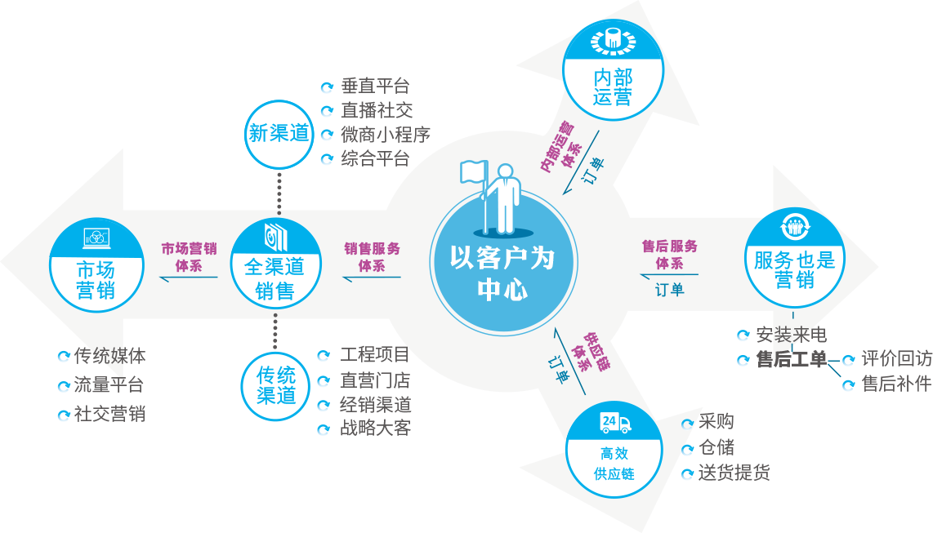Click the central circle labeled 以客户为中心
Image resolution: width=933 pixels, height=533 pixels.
coord(502,273)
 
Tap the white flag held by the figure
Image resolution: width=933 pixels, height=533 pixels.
coord(473,171)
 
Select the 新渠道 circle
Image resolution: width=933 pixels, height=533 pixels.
coord(279,133)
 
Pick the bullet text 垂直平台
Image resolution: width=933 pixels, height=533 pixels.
coord(375,86)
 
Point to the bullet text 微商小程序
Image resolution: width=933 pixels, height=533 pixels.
coord(385,134)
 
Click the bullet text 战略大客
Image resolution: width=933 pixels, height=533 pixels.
coord(375,427)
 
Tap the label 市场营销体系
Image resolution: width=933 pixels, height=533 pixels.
coord(189,256)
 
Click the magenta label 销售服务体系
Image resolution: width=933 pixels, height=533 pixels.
coord(372,256)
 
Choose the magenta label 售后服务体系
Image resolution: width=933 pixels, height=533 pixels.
coord(669,254)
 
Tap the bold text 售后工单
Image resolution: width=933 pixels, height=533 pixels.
coord(791,359)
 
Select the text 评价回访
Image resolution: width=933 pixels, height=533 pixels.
coord(896,359)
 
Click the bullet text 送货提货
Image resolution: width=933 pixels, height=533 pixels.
coord(734,473)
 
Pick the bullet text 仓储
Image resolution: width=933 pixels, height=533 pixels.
coord(716,447)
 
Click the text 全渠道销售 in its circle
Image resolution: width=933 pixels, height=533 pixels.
coord(275,278)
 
